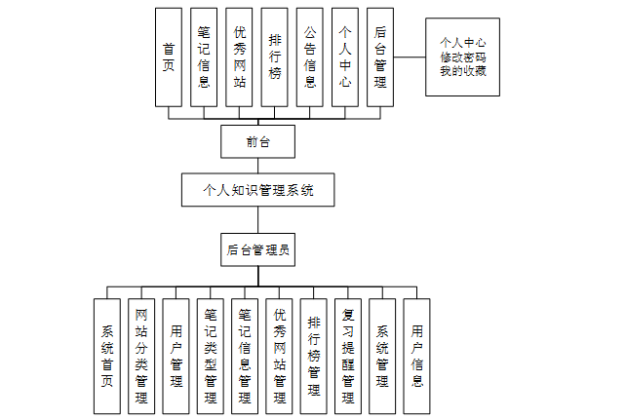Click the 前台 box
click(x=257, y=142)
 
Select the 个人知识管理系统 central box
click(x=257, y=190)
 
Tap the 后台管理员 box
click(x=257, y=249)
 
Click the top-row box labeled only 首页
click(x=170, y=57)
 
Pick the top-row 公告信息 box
click(x=310, y=57)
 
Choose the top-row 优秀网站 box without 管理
click(x=240, y=57)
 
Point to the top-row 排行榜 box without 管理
click(x=275, y=57)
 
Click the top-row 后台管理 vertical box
click(x=380, y=57)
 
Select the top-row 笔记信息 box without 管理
click(x=205, y=57)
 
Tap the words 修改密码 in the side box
click(x=462, y=57)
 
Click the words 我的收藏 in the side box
click(x=462, y=70)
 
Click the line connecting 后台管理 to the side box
click(x=410, y=57)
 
